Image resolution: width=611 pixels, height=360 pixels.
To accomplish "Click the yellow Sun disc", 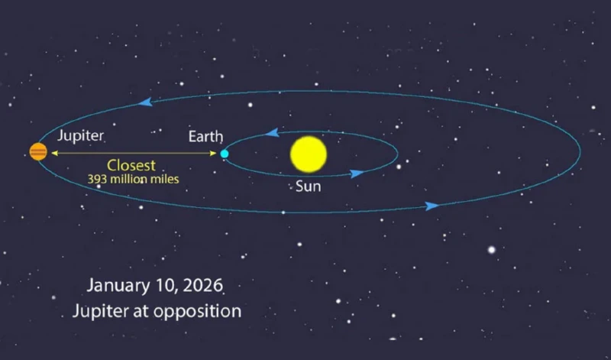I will [309, 154].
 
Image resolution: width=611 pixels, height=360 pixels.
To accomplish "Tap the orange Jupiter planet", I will [38, 152].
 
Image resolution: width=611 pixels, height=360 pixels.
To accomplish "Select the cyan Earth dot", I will [225, 154].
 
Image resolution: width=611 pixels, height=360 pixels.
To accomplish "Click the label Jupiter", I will [80, 135].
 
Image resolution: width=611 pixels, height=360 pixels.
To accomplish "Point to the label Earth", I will [205, 137].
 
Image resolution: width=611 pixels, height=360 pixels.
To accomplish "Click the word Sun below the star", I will [309, 186].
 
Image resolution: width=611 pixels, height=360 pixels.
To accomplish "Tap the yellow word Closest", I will [131, 165].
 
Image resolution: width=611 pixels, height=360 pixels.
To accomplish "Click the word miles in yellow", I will [165, 180].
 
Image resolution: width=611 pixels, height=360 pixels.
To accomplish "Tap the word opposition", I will [200, 311].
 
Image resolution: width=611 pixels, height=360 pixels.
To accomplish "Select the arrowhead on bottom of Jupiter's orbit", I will [432, 206].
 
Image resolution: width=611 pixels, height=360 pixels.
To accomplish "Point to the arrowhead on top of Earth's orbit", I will [271, 134].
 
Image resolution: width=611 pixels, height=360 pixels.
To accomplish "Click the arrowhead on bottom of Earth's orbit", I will [357, 174].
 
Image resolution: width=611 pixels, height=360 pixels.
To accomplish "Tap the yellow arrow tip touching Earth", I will [215, 154].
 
